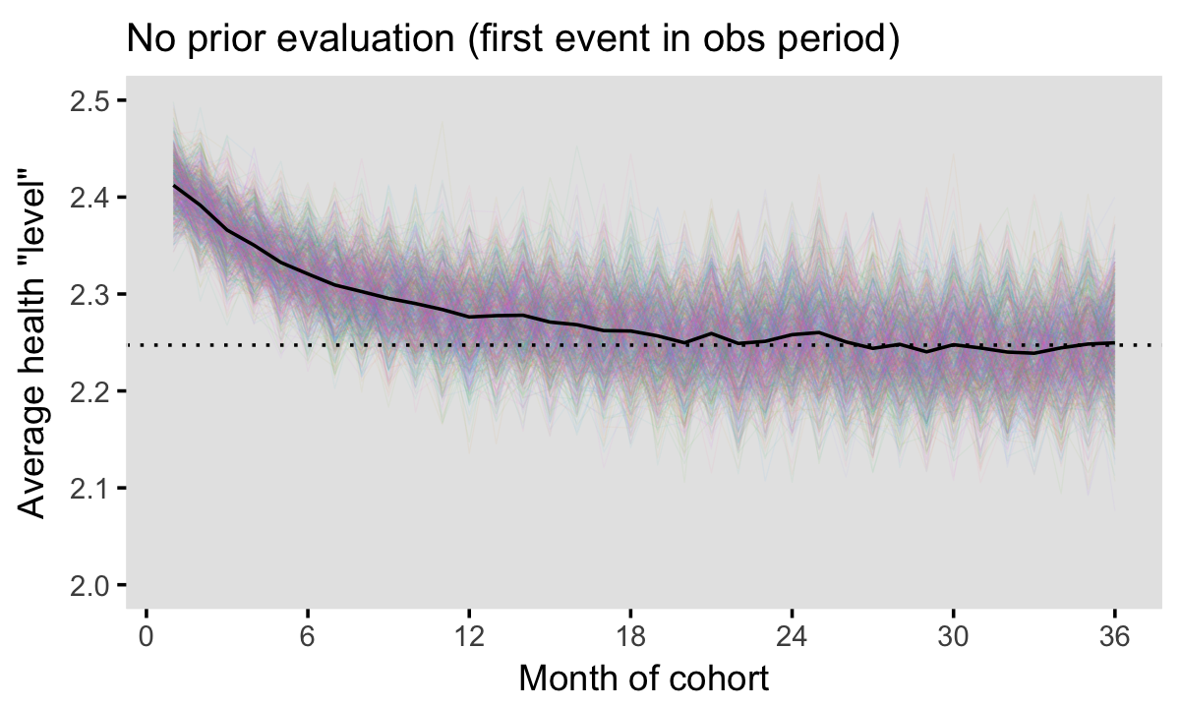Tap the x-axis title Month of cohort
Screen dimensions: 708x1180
click(643, 678)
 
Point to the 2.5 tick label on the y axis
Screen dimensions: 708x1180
click(90, 100)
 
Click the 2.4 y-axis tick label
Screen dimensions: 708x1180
click(90, 198)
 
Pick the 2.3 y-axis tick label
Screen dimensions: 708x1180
click(90, 294)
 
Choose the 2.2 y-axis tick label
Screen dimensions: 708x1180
click(90, 391)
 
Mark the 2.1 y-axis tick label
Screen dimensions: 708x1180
click(90, 488)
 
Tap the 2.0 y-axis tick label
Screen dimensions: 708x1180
click(90, 585)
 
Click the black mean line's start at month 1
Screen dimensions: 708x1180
click(174, 185)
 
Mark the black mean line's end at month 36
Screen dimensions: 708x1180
click(1114, 343)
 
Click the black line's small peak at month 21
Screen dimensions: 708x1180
click(711, 334)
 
